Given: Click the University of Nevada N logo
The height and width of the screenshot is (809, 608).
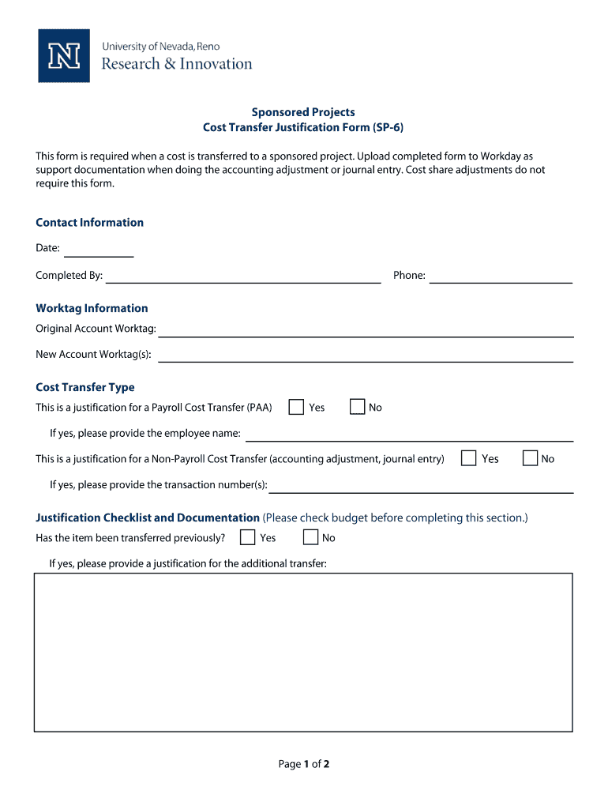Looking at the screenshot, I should [64, 55].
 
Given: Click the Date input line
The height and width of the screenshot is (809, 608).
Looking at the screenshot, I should [99, 251].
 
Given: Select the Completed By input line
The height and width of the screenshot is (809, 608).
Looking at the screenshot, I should [243, 277].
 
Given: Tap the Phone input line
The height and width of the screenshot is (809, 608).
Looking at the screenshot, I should [501, 277].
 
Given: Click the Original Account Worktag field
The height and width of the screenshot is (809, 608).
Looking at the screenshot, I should [366, 331].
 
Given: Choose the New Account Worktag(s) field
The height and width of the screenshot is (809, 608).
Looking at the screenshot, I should [366, 356].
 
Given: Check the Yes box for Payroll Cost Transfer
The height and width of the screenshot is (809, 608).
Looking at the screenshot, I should [296, 407].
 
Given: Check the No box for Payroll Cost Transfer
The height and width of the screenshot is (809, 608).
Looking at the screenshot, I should [357, 407].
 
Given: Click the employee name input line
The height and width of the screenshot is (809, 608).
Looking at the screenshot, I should [409, 435].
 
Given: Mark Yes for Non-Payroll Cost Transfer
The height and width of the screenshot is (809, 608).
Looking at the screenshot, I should [469, 458].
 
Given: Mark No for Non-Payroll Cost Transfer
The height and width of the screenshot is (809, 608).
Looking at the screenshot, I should [530, 458].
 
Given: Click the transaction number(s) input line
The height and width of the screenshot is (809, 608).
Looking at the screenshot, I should [421, 487].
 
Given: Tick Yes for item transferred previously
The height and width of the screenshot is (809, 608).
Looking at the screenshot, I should [247, 537].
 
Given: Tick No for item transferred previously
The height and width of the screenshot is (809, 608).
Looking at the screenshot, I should [310, 537].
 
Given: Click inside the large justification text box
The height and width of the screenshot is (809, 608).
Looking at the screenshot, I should [303, 652].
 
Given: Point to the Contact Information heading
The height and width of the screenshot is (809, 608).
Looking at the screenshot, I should [90, 223].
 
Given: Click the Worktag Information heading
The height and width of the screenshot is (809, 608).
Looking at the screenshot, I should [92, 308].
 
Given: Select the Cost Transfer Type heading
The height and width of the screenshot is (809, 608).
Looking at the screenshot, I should [85, 387].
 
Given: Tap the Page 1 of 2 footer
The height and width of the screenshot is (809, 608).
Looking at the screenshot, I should [303, 764].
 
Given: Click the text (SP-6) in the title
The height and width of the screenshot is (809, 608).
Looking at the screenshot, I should [388, 127].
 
